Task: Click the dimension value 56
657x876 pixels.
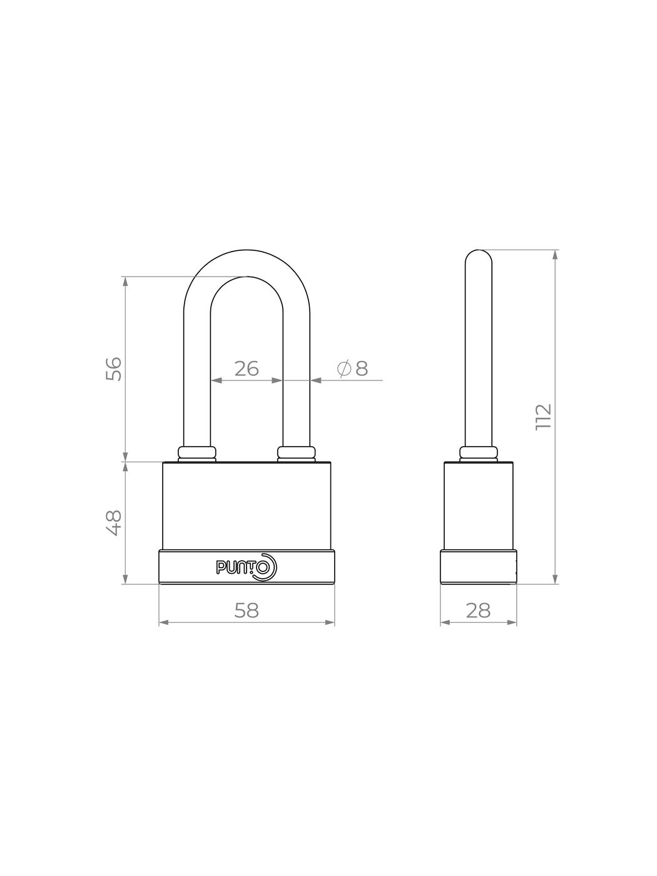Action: pos(114,369)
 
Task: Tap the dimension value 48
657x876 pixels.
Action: pos(114,522)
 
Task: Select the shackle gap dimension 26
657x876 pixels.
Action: pos(247,369)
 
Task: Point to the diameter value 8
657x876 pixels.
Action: pos(362,369)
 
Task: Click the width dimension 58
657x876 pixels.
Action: pos(247,610)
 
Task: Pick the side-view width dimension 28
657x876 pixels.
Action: pos(478,610)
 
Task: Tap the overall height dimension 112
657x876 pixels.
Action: pos(543,417)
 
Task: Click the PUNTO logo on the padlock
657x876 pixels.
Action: pos(246,567)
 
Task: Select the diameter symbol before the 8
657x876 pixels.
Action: pos(344,369)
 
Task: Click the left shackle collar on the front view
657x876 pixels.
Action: pos(197,454)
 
